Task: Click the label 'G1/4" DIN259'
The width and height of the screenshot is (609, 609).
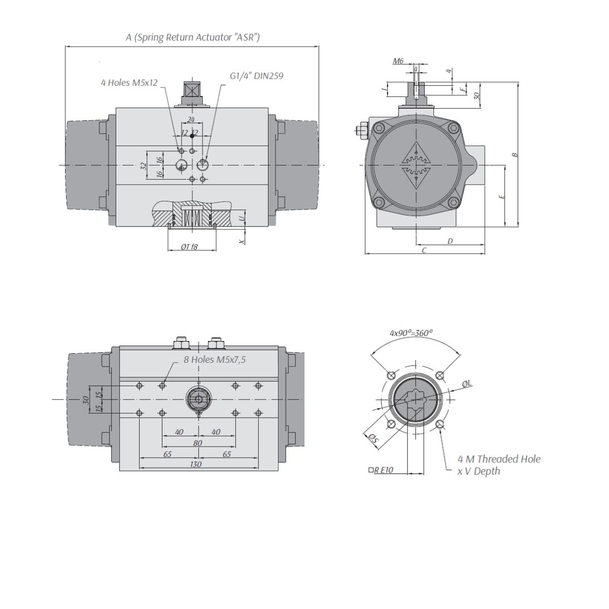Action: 256,76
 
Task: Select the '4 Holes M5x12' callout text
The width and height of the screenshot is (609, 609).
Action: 129,83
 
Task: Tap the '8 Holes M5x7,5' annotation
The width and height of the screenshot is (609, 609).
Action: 215,360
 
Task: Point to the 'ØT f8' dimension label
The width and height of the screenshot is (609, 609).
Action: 189,247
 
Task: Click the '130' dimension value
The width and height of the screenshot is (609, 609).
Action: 195,464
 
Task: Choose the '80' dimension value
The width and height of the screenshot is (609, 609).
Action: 197,443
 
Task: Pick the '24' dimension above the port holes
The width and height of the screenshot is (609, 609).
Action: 191,119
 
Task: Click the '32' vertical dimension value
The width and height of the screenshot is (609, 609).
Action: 144,165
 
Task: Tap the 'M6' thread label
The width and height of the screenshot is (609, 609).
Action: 398,61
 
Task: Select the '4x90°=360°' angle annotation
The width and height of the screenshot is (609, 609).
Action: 411,333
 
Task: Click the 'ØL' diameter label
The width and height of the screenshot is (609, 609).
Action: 467,384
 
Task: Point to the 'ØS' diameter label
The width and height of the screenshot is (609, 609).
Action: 374,438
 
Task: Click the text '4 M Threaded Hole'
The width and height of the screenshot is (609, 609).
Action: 499,459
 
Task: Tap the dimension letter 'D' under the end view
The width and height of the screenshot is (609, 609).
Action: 450,241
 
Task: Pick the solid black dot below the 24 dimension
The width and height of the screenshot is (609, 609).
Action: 192,136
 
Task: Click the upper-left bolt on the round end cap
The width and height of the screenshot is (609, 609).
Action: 378,128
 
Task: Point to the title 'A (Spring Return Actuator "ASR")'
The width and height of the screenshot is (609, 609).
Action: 192,37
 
